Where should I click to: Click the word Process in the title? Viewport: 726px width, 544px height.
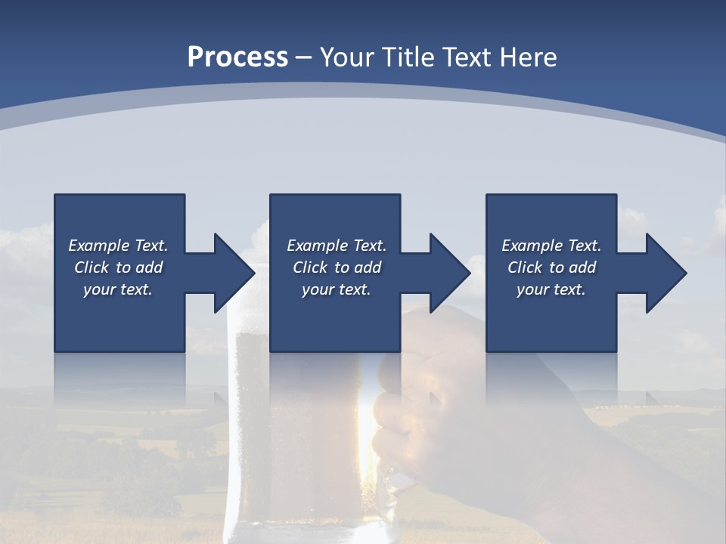237,57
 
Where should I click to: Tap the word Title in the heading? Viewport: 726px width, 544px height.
411,57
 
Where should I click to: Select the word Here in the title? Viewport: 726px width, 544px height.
527,57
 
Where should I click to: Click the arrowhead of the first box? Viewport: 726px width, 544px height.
234,273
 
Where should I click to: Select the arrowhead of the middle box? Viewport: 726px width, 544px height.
450,273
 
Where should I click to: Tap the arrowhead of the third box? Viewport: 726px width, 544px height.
666,273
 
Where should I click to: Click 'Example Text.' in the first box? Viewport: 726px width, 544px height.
118,246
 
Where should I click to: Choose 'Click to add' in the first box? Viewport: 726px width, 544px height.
118,267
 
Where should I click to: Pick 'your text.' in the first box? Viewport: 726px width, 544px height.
118,289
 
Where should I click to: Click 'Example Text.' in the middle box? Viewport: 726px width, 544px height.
337,246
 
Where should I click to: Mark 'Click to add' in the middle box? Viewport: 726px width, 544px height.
337,267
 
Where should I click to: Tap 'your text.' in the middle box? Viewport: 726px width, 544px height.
337,289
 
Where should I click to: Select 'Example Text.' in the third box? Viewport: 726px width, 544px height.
551,246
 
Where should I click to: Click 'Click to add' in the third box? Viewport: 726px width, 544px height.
551,267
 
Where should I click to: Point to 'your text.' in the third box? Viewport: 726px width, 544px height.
551,289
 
